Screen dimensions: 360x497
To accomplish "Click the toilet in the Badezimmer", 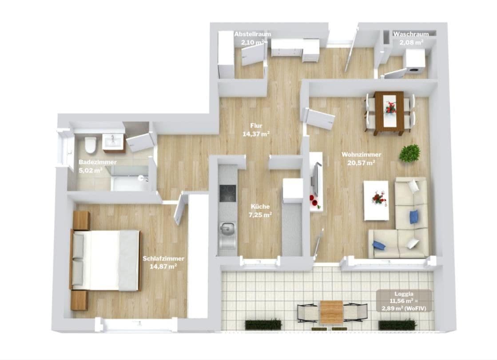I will coord(91,144).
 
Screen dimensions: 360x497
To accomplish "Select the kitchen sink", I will coord(228,230).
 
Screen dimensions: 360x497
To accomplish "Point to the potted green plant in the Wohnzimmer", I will coord(410,153).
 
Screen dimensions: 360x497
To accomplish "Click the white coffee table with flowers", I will coord(376,200).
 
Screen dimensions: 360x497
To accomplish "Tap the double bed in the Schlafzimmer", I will coord(106,260).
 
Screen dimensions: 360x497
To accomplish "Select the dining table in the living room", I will coord(389,112).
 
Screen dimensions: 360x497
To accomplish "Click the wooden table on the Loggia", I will coord(332,312).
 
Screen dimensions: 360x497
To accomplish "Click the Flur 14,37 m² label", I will coord(256,129).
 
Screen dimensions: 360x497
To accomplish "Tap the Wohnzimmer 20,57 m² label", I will coord(361,158).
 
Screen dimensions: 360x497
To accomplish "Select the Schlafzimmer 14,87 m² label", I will coord(163,262).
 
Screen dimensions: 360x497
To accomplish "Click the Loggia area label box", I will coord(404,301).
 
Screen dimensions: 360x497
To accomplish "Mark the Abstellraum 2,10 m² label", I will coord(252,39).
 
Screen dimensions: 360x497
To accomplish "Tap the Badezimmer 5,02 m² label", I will coord(97,165).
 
